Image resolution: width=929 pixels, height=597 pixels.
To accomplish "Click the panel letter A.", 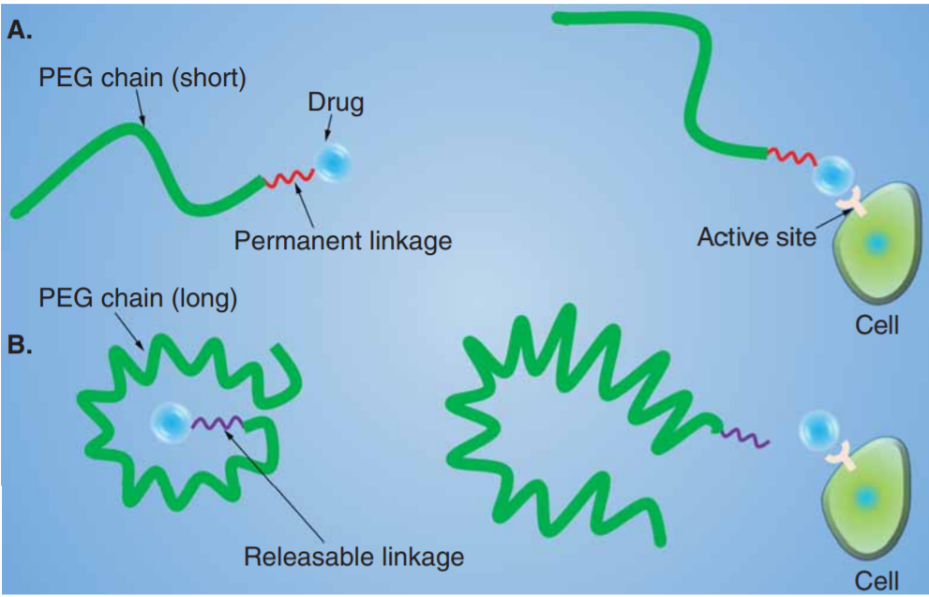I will (20, 30).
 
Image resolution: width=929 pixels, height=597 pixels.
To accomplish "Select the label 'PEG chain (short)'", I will (142, 80).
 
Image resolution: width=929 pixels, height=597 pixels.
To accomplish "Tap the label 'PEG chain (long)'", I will (137, 300).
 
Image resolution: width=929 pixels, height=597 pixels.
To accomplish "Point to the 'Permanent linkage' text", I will (342, 241).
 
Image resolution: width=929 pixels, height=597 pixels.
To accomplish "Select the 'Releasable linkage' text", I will (353, 558).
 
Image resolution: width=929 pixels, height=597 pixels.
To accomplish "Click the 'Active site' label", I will (756, 236).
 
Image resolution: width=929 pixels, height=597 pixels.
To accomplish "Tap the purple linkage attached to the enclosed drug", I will (218, 424).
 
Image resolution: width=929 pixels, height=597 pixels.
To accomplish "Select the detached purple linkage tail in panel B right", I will (745, 436).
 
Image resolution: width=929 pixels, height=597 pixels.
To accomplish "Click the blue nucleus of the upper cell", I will (876, 244).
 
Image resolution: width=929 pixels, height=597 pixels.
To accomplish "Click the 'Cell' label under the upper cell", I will (877, 326).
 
